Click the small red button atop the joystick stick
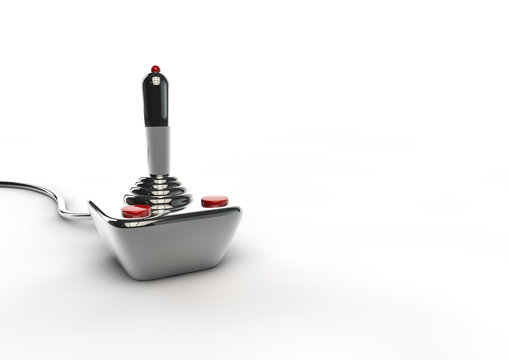click(x=155, y=69)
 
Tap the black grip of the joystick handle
click(x=155, y=100)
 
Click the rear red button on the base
click(x=213, y=201)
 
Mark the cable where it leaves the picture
click(x=2, y=183)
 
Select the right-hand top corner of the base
click(x=241, y=211)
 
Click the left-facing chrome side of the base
click(x=125, y=245)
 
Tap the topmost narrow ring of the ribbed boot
click(x=156, y=176)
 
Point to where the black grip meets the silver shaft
click(x=155, y=127)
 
